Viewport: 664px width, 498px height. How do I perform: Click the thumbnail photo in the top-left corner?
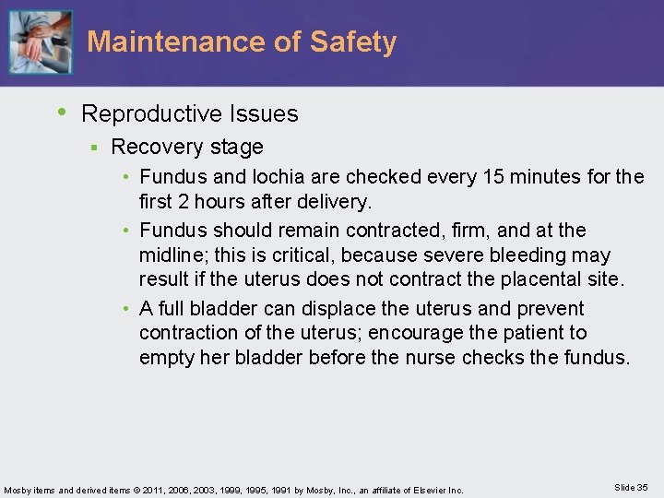coord(40,42)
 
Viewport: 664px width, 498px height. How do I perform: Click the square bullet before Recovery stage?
coord(93,148)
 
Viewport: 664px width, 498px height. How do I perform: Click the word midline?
coord(172,254)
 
